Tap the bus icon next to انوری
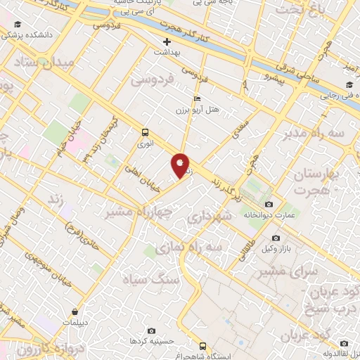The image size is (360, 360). point(145,131)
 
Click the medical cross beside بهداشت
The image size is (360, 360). point(166,42)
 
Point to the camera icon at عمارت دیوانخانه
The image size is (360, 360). point(269,205)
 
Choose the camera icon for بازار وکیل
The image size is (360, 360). point(276,238)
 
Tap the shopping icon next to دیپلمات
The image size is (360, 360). point(75,310)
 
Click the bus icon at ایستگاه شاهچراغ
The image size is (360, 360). point(203,346)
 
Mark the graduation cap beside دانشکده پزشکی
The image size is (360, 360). point(18,25)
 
